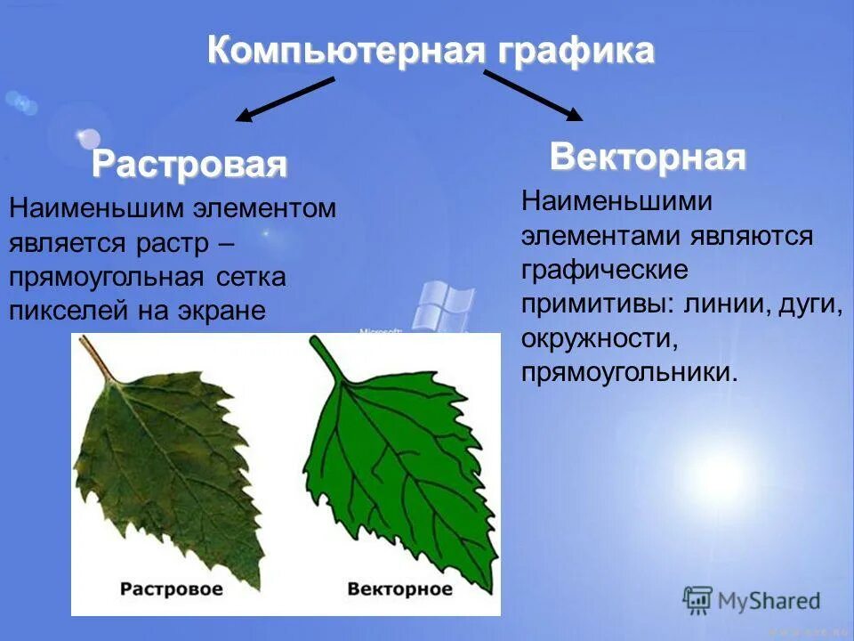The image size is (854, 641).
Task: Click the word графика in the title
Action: click(x=572, y=51)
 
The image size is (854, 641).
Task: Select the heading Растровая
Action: click(x=189, y=164)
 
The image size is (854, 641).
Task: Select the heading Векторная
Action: click(x=648, y=158)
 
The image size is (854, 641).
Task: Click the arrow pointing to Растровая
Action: click(x=285, y=99)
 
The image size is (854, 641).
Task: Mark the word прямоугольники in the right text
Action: click(x=628, y=373)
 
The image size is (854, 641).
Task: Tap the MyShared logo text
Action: click(x=769, y=601)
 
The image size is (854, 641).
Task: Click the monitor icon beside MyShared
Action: click(x=698, y=601)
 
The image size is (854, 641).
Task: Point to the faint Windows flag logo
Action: click(x=442, y=303)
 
